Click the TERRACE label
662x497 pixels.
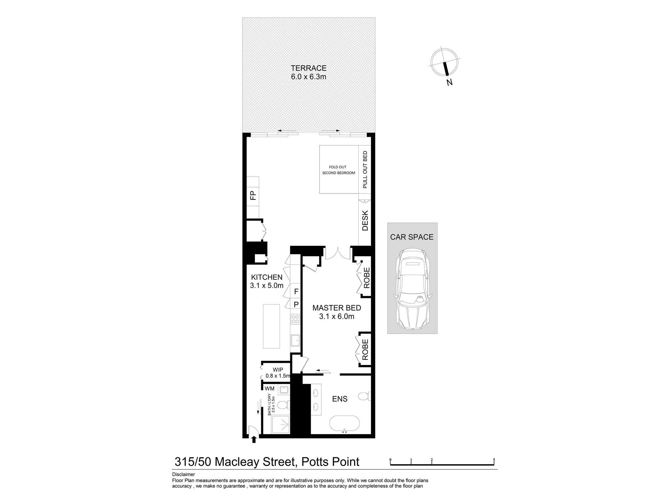308,68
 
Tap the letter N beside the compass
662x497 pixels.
449,82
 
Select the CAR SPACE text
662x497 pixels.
411,237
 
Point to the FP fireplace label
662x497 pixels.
253,195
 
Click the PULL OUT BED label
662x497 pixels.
365,170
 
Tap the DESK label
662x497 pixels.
365,221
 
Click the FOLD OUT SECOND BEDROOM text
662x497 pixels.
338,170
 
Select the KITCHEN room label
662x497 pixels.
266,277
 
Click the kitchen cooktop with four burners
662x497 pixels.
295,319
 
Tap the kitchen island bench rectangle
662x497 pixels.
271,326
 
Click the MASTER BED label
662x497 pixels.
337,308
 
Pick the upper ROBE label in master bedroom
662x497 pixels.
366,278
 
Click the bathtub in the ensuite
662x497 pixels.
344,423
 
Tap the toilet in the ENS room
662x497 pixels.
364,396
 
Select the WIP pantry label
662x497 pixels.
278,370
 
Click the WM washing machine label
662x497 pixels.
269,389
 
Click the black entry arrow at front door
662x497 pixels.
254,440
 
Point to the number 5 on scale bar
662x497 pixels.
494,460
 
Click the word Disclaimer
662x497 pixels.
183,474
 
